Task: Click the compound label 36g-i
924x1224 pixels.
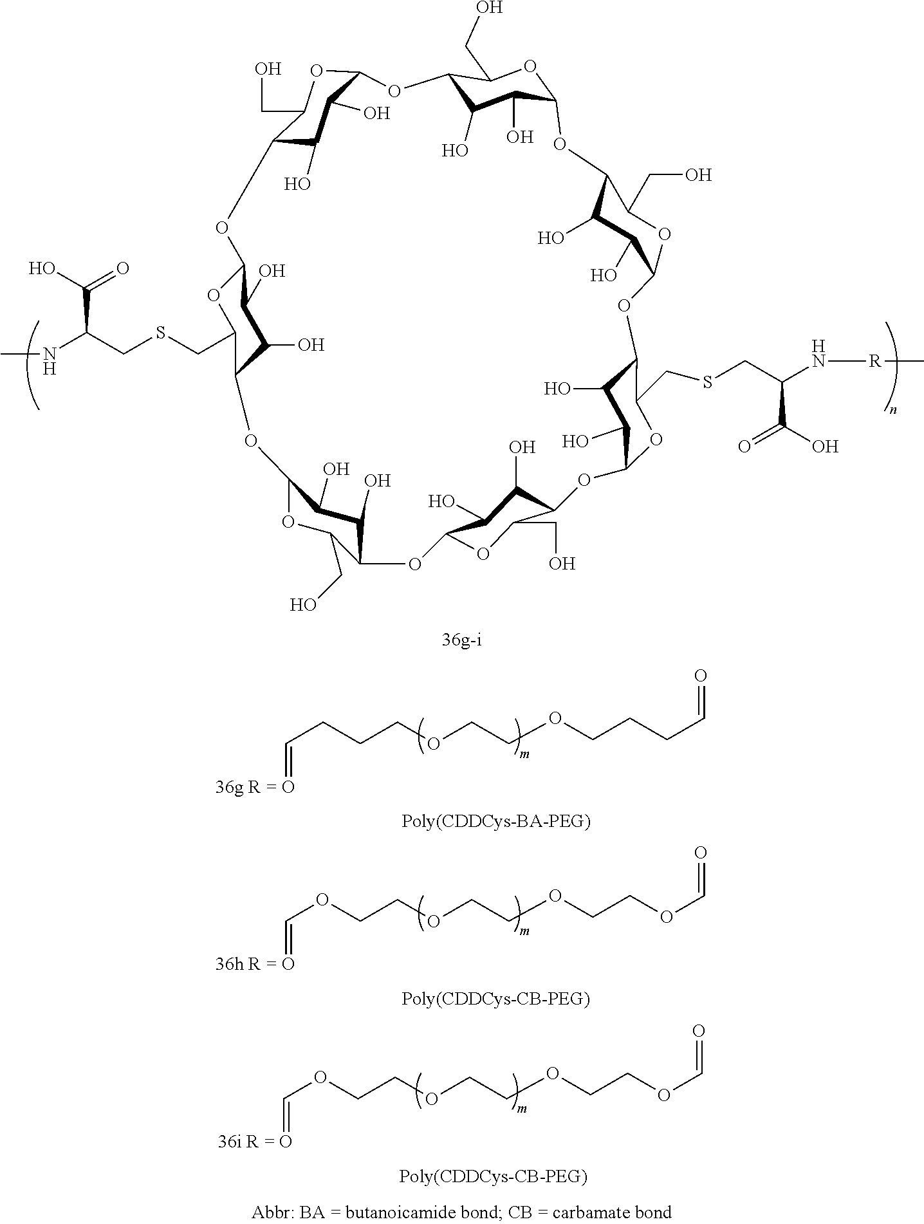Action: [461, 642]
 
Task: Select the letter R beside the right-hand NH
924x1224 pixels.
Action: [874, 361]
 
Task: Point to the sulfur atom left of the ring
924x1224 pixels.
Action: [160, 333]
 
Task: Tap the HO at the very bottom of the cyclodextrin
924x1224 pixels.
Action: [303, 605]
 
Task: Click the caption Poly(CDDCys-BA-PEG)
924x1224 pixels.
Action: [495, 822]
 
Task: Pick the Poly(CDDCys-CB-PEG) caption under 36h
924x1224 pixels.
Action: [495, 999]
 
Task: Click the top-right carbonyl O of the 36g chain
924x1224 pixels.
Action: [701, 676]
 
